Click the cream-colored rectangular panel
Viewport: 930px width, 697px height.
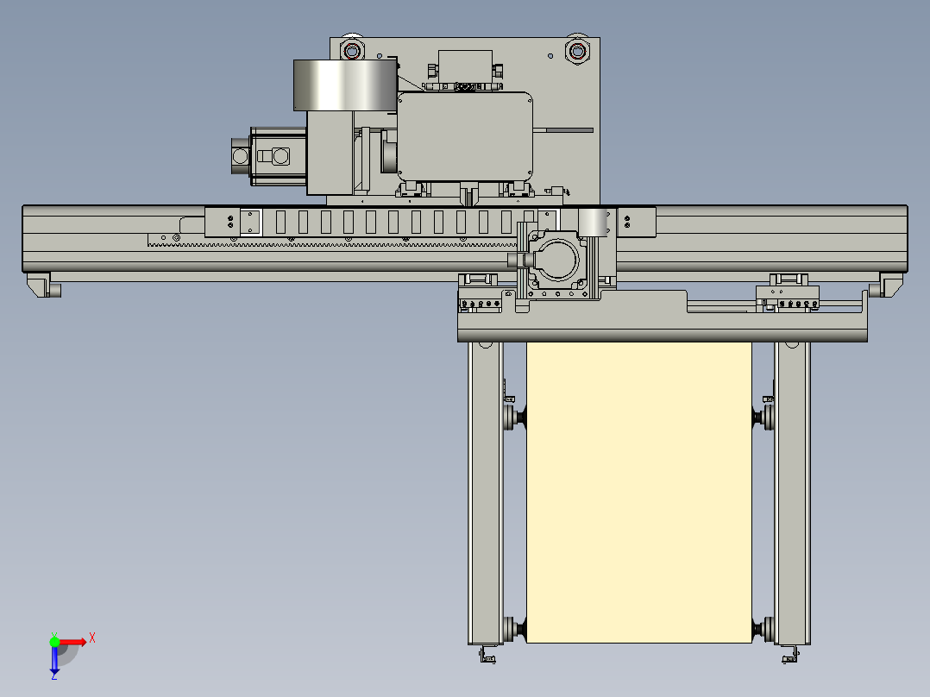coord(638,493)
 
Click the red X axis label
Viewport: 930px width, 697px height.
coord(92,638)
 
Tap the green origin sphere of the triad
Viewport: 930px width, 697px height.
coord(54,642)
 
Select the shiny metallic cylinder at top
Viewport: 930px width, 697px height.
coord(345,85)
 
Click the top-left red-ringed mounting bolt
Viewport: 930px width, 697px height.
coord(352,50)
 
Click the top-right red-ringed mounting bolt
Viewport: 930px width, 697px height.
coord(577,51)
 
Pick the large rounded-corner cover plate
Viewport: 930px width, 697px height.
coord(464,136)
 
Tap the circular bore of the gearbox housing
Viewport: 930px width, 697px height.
coord(557,260)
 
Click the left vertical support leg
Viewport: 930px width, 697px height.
coord(485,493)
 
